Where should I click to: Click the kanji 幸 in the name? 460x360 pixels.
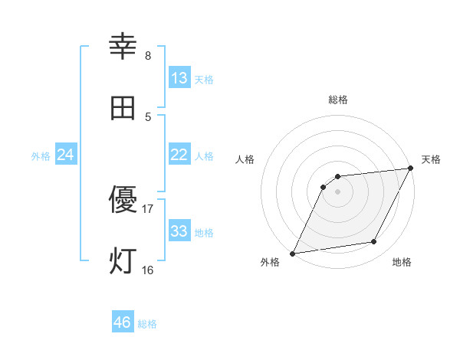[123, 47]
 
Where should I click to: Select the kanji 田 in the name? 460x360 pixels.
[123, 108]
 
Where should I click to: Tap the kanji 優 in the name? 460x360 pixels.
[123, 201]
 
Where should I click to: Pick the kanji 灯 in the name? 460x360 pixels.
[123, 261]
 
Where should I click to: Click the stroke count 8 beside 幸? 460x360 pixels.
[148, 56]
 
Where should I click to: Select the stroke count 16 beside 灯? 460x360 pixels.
[148, 270]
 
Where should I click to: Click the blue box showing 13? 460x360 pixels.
[179, 78]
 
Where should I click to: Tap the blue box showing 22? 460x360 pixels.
[179, 155]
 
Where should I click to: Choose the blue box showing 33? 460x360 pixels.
[179, 231]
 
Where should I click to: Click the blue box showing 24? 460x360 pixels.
[66, 155]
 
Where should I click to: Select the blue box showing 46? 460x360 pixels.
[123, 322]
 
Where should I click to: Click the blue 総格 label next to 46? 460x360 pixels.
[147, 324]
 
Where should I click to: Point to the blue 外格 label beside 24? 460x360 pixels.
[41, 156]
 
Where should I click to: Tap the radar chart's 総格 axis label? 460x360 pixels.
[338, 100]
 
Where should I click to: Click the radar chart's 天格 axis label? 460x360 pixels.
[431, 159]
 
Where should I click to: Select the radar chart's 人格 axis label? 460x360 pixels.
[245, 159]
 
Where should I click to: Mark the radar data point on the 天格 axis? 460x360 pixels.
[411, 169]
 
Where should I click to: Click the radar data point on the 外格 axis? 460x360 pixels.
[292, 254]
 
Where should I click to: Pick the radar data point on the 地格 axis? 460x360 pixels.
[374, 242]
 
